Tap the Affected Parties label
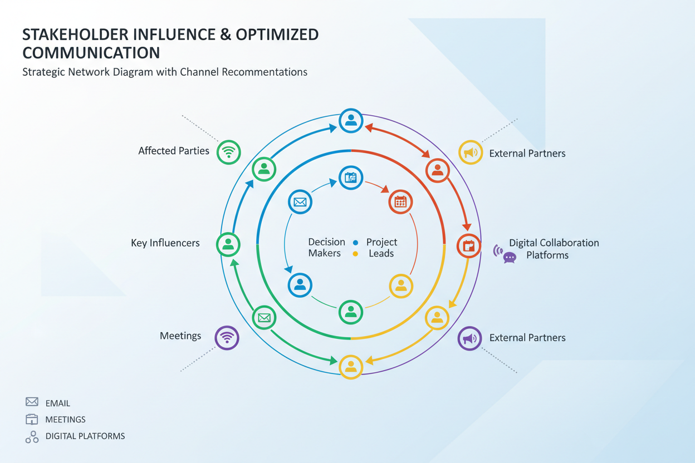(174, 151)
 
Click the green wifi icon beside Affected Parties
(228, 151)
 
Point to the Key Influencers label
(165, 243)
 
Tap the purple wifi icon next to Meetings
(227, 337)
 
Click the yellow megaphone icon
(471, 152)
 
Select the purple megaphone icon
(470, 338)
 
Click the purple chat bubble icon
(509, 258)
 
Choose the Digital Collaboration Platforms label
(554, 249)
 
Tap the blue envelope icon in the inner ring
(300, 202)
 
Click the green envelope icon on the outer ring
(264, 318)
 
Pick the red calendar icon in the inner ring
(400, 202)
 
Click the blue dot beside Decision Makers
(355, 243)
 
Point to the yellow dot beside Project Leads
(355, 254)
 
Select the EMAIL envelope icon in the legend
(32, 402)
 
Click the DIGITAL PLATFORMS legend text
(85, 436)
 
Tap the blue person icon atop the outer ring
(351, 120)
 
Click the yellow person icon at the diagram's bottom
(351, 366)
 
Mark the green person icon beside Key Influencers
(228, 244)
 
